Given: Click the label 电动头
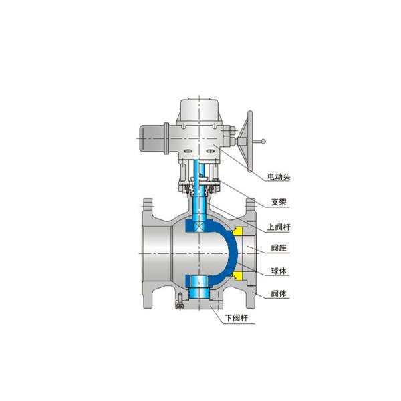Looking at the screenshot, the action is coord(279,177).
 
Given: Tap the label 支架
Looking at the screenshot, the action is coord(279,202).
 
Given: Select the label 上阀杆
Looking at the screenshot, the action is coord(279,227).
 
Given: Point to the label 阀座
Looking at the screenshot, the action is coord(279,248).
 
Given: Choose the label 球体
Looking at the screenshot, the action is coord(279,271).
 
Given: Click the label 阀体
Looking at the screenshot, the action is coord(279,294).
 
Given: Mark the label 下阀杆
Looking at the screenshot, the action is coord(237,318).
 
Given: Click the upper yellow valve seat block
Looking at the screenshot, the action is coord(238,231).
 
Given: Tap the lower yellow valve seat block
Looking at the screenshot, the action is coord(238,275).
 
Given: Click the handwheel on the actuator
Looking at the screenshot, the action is coord(247,141).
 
